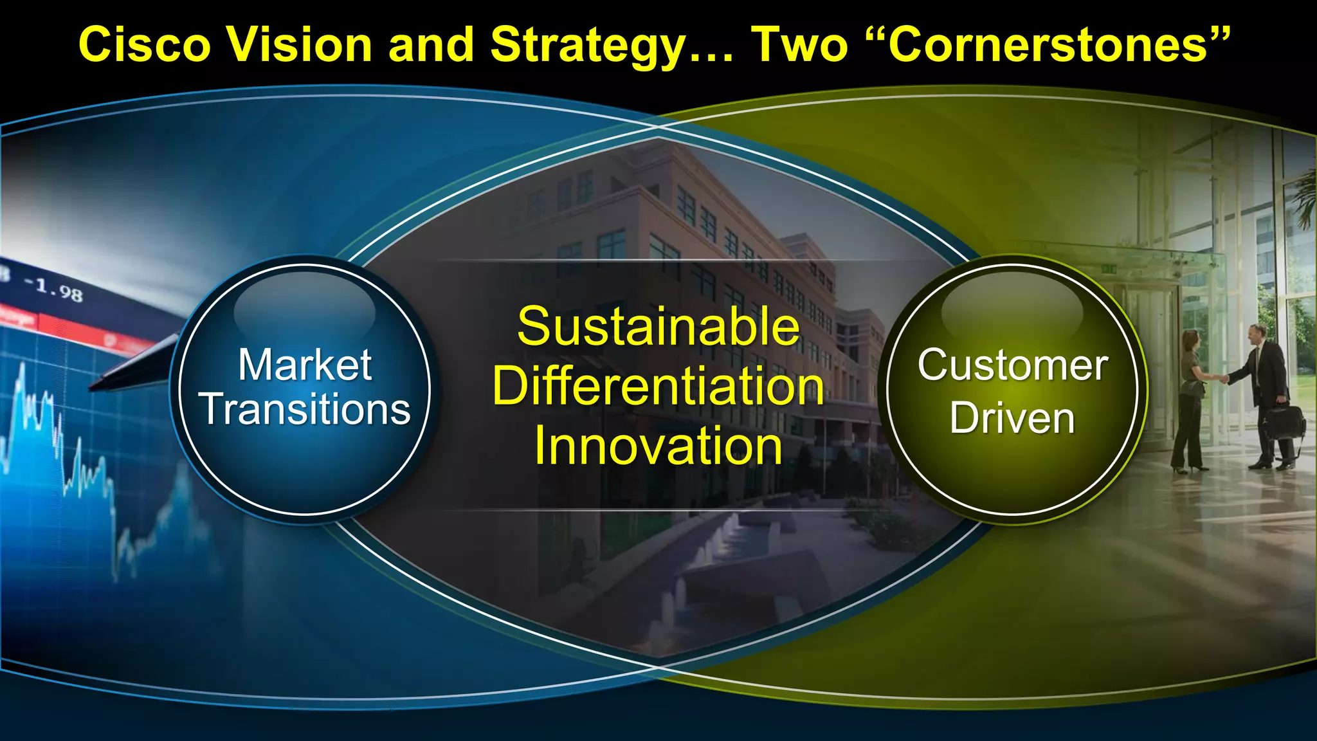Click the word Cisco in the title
(x=144, y=45)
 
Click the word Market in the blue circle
(x=305, y=365)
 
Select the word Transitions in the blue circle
(x=305, y=409)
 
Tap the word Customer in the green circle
(x=1012, y=365)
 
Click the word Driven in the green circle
(x=1012, y=418)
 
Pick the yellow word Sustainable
(x=658, y=327)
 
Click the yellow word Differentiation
(x=658, y=387)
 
